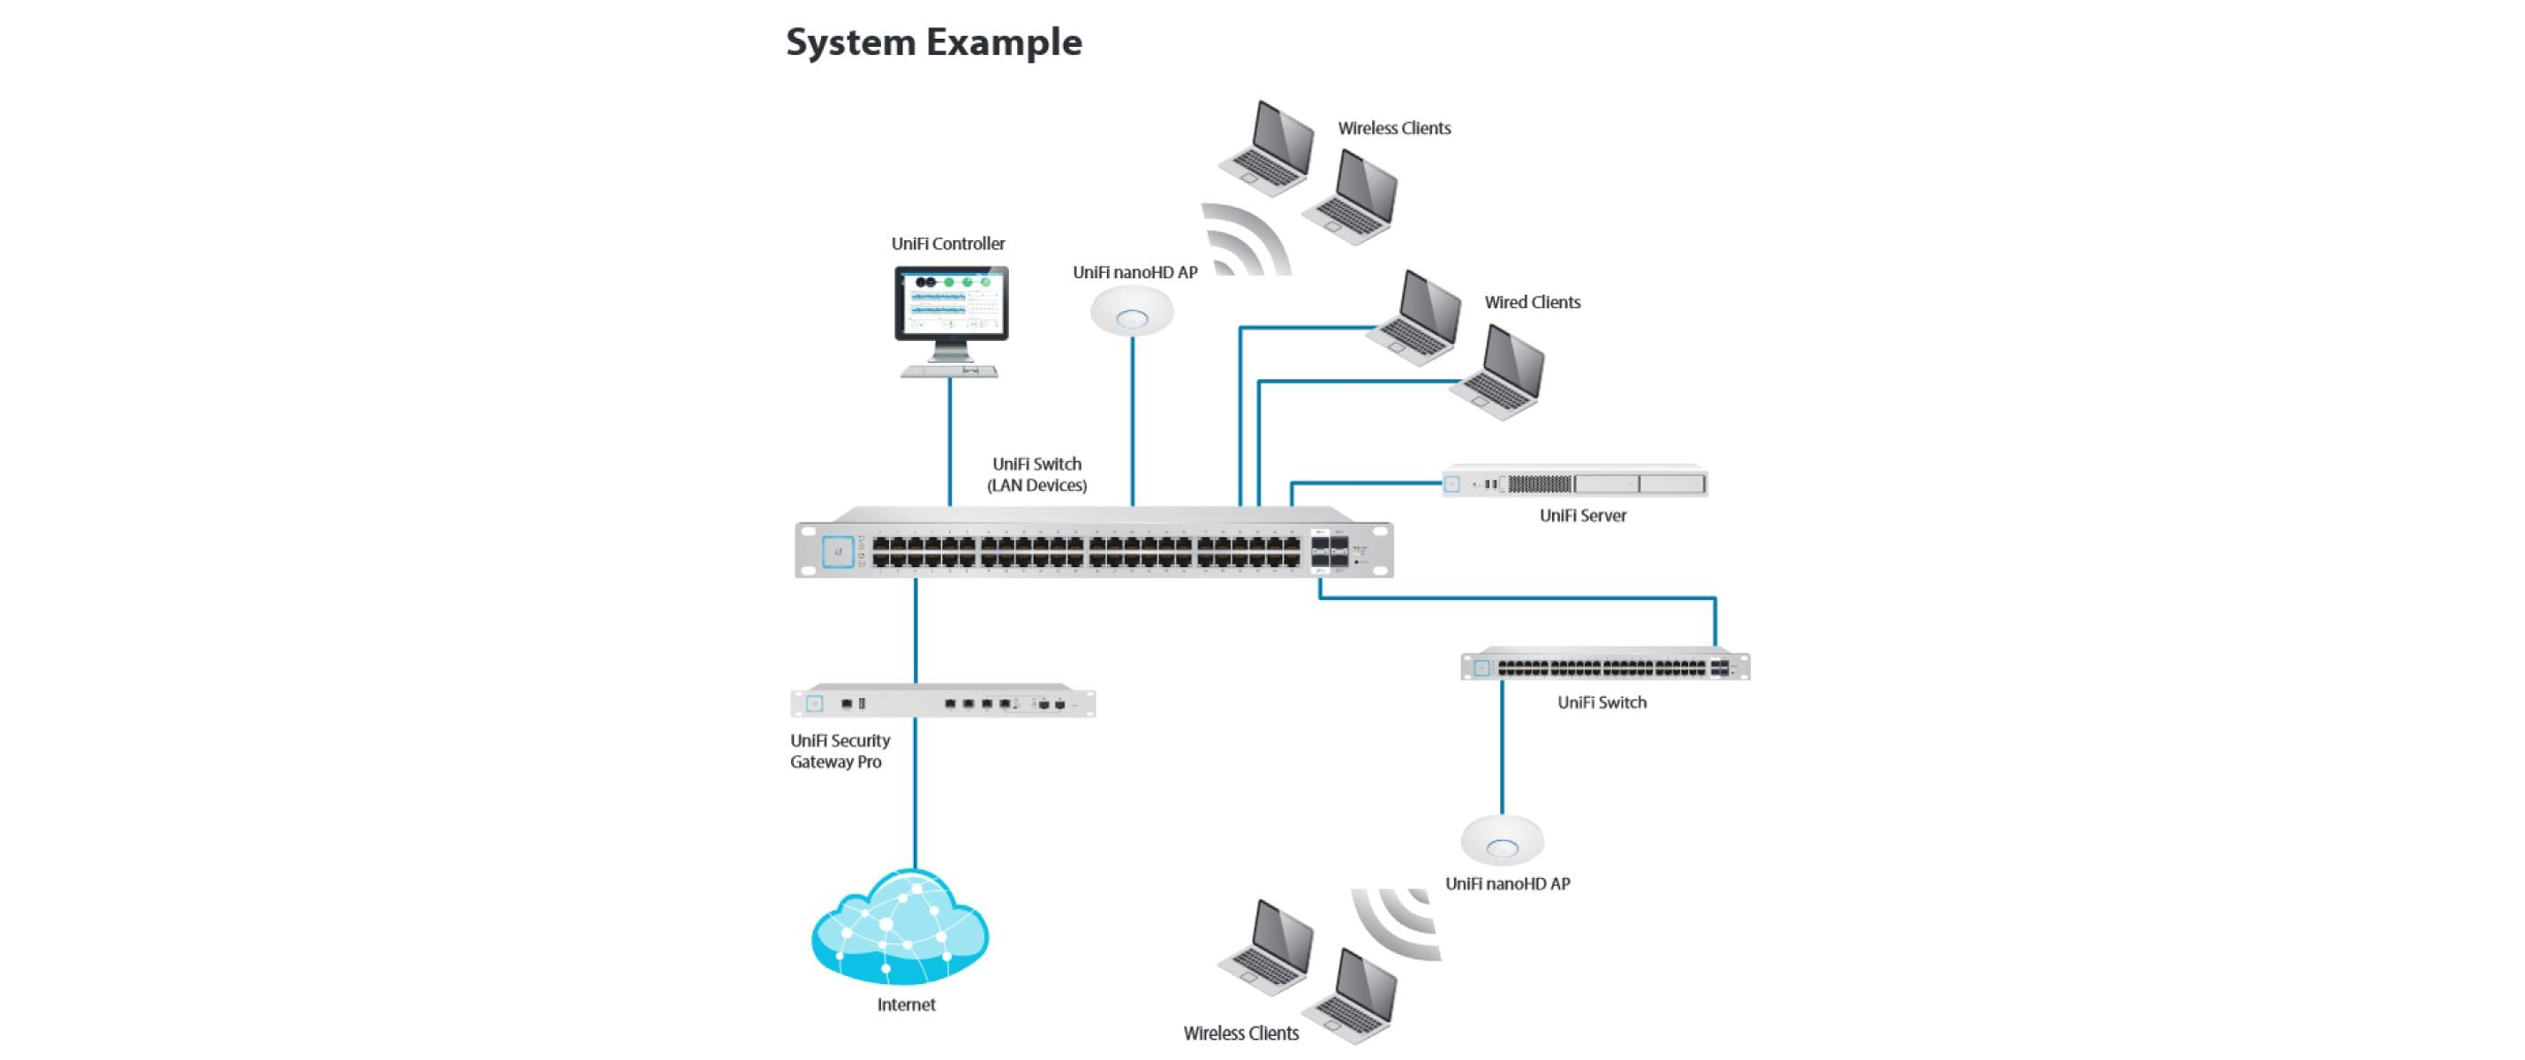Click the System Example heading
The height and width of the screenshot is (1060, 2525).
point(933,42)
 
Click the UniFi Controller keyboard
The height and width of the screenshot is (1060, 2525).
point(949,372)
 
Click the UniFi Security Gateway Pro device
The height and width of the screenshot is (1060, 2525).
point(943,702)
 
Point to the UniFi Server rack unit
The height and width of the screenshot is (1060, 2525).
point(1574,482)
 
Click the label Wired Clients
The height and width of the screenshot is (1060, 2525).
point(1532,302)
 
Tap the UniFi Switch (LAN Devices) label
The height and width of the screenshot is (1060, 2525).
point(1036,474)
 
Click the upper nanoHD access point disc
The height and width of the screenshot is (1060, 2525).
point(1132,312)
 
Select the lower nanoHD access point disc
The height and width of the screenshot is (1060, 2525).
point(1502,840)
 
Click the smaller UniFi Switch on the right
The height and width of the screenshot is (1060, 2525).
point(1604,667)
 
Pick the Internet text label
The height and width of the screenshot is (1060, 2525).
point(906,1004)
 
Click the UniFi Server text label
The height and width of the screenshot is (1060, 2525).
point(1582,516)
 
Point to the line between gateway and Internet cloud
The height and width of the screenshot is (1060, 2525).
point(915,794)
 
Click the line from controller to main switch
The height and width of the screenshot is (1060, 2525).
point(949,442)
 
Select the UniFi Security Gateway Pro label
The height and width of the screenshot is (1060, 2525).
point(840,751)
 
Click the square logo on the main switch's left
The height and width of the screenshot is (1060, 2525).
point(837,552)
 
